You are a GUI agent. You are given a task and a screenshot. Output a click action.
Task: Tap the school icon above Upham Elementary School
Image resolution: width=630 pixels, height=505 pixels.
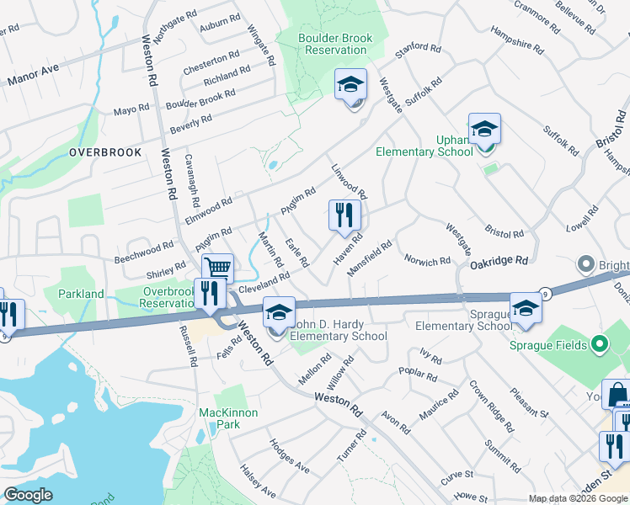pyautogui.click(x=484, y=130)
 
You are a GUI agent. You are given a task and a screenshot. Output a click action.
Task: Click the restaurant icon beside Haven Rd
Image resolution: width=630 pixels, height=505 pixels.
pyautogui.click(x=344, y=215)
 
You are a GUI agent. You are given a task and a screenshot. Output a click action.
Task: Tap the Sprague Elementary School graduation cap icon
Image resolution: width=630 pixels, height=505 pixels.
pyautogui.click(x=526, y=308)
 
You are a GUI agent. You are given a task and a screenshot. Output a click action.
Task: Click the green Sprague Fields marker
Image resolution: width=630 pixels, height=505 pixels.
pyautogui.click(x=599, y=343)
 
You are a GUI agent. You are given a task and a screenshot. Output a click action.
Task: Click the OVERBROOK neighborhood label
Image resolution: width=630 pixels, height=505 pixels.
pyautogui.click(x=105, y=152)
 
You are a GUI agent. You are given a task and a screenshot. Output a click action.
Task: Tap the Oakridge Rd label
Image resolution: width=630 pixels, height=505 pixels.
pyautogui.click(x=499, y=262)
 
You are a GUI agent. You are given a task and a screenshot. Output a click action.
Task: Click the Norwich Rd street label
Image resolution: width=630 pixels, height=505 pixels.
pyautogui.click(x=427, y=261)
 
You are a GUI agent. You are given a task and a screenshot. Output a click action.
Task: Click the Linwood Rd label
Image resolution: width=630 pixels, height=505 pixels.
pyautogui.click(x=350, y=181)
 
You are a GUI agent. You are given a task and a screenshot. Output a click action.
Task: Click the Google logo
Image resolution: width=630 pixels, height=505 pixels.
pyautogui.click(x=28, y=495)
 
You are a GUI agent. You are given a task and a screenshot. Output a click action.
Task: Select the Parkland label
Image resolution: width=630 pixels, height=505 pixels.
pyautogui.click(x=81, y=294)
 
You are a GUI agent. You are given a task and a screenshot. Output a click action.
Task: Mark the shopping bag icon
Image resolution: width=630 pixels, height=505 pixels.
pyautogui.click(x=618, y=393)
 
